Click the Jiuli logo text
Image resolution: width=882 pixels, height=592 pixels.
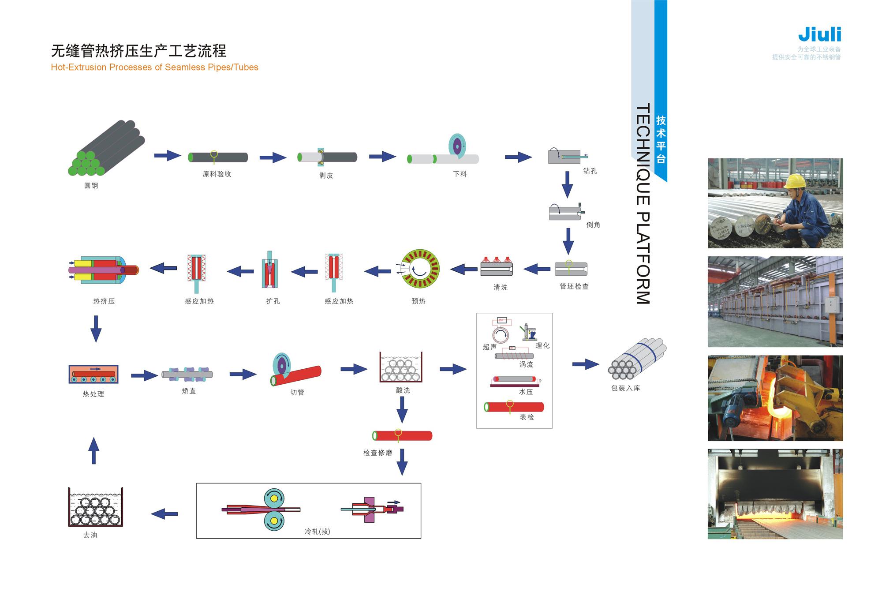point(819,34)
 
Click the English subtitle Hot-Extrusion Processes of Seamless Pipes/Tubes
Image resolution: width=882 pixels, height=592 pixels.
point(154,67)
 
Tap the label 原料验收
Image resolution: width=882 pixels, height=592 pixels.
point(217,174)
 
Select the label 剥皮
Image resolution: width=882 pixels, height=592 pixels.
point(326,175)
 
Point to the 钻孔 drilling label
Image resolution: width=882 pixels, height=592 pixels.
point(590,171)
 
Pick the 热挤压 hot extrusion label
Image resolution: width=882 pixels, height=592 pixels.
point(104,301)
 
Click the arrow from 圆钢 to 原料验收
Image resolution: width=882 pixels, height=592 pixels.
point(168,155)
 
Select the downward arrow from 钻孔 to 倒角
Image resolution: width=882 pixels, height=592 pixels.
point(567,184)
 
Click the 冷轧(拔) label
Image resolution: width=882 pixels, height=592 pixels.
point(317,532)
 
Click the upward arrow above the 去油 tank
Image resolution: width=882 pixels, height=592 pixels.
point(93,451)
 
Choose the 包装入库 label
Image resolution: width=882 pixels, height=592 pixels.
point(625,388)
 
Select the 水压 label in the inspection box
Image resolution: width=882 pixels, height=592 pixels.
point(526,392)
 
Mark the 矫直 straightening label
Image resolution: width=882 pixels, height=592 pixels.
point(189,391)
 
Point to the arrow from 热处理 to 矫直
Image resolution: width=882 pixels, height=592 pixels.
point(144,375)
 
